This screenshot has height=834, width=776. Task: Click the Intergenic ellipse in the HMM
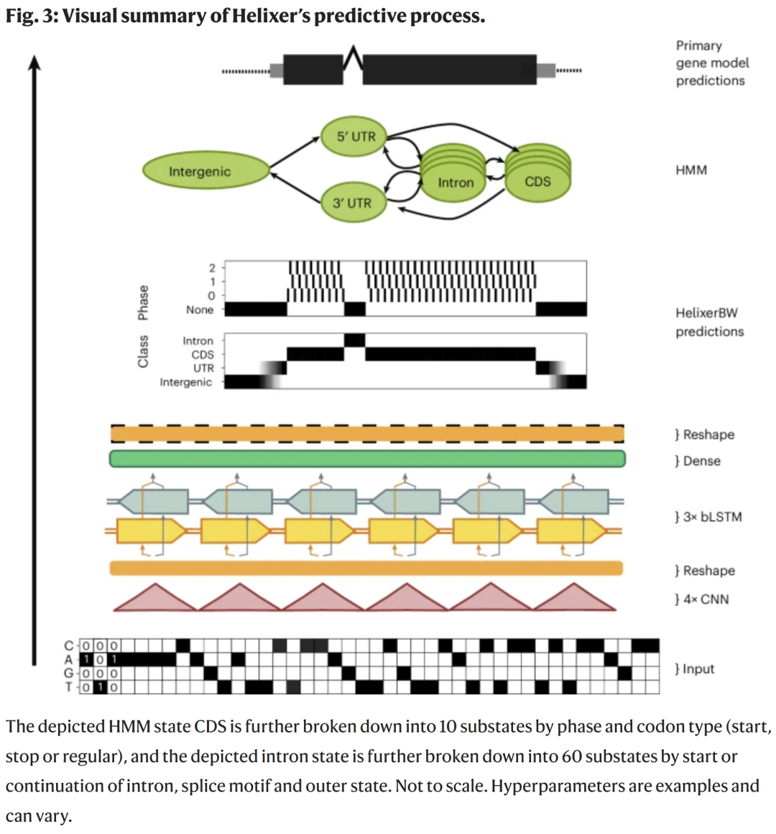tap(200, 171)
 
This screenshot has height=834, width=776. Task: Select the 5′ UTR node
tap(356, 136)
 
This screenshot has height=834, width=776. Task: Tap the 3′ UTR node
tap(352, 203)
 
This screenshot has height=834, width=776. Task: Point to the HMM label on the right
tap(691, 170)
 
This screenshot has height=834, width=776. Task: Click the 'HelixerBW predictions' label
tap(709, 322)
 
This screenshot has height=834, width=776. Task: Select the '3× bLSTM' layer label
tap(708, 516)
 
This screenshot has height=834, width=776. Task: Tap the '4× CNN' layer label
tap(702, 599)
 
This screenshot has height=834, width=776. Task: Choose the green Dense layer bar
tap(366, 459)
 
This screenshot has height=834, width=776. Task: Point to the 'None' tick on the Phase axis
tap(200, 310)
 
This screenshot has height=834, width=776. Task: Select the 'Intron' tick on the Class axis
tap(198, 341)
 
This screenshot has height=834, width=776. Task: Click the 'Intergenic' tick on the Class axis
tap(186, 382)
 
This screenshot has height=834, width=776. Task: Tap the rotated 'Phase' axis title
tap(144, 302)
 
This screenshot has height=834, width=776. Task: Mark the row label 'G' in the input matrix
tap(69, 673)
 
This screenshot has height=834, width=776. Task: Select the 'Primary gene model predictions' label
tap(711, 63)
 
